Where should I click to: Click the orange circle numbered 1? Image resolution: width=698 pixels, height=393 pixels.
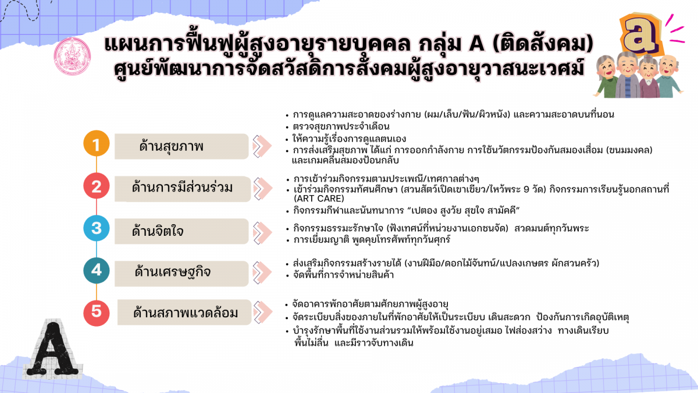click(97, 143)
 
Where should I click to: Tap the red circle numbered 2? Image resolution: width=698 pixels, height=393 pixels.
click(97, 186)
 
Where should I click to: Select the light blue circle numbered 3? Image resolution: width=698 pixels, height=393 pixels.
click(97, 228)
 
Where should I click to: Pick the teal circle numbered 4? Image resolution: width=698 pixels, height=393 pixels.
click(97, 270)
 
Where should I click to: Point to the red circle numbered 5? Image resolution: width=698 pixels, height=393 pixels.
click(97, 313)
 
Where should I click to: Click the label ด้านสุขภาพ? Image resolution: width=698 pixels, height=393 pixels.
click(172, 146)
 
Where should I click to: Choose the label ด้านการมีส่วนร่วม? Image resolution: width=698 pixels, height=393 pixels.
click(182, 187)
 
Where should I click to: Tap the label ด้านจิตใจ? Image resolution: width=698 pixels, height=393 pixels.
click(158, 231)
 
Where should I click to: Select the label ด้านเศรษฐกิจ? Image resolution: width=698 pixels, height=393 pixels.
click(173, 272)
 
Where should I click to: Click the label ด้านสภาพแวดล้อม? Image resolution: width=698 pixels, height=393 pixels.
click(186, 313)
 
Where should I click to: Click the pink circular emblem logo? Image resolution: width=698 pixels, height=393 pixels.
click(72, 56)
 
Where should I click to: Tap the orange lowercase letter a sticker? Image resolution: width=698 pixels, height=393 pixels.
click(640, 34)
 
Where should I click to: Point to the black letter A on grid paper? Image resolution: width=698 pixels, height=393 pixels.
click(53, 349)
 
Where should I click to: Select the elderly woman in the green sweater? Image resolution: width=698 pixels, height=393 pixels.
click(606, 76)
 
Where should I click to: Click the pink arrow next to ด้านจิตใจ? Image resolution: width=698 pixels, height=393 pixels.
click(262, 233)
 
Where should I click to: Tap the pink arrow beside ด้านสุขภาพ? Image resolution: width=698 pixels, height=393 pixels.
click(262, 146)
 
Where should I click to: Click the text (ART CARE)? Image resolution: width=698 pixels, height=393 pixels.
click(319, 199)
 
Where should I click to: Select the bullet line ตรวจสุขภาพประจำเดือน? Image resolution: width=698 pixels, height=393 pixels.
click(341, 127)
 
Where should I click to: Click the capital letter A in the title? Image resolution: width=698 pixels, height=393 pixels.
click(476, 43)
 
